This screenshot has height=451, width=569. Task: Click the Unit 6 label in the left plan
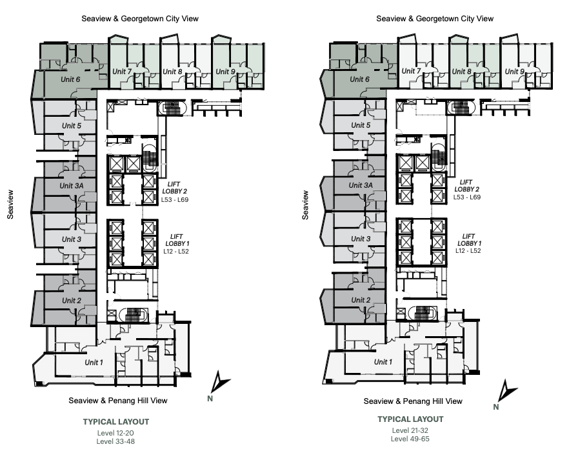(70, 79)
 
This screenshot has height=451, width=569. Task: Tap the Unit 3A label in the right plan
(361, 185)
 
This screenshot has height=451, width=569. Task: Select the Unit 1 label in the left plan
(94, 362)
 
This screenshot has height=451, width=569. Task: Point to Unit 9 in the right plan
(515, 72)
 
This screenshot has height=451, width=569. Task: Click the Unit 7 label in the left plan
(122, 72)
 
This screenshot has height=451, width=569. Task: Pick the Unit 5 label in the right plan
(361, 125)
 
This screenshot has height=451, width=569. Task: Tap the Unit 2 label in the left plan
(72, 301)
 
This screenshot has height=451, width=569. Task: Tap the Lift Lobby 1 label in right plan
(469, 239)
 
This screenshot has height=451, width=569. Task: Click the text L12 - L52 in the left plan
(176, 252)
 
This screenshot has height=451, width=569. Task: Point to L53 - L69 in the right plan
(466, 197)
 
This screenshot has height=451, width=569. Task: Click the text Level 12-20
(115, 433)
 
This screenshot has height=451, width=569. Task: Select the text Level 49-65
(410, 439)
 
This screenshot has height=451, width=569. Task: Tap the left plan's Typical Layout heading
(116, 421)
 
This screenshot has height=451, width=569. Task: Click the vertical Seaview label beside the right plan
(305, 205)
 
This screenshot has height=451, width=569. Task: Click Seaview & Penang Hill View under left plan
(118, 401)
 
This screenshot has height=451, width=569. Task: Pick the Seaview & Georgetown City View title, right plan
(435, 19)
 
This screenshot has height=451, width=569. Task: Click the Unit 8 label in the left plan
(172, 72)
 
